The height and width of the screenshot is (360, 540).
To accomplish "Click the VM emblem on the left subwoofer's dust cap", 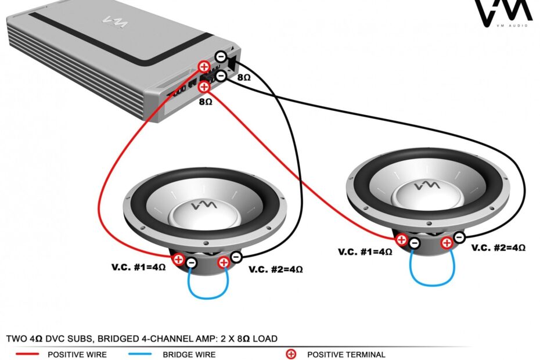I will [205, 206].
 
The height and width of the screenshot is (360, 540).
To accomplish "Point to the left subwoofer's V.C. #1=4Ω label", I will [138, 268].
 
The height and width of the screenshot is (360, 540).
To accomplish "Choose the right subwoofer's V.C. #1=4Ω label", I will [365, 252].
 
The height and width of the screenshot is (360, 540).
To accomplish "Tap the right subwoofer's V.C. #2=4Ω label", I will [498, 247].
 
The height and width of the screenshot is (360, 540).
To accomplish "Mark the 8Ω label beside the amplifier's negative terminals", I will [244, 76].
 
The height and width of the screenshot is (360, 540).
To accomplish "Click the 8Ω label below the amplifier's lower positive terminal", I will [205, 101].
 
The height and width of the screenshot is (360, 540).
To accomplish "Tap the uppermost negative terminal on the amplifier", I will [221, 56].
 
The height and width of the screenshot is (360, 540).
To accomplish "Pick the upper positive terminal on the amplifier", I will [204, 67].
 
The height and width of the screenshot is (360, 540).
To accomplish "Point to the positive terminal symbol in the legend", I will [291, 354].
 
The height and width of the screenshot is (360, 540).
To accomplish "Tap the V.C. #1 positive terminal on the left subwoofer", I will [178, 259].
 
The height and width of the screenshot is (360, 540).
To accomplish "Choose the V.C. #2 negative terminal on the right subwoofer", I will [459, 236].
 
